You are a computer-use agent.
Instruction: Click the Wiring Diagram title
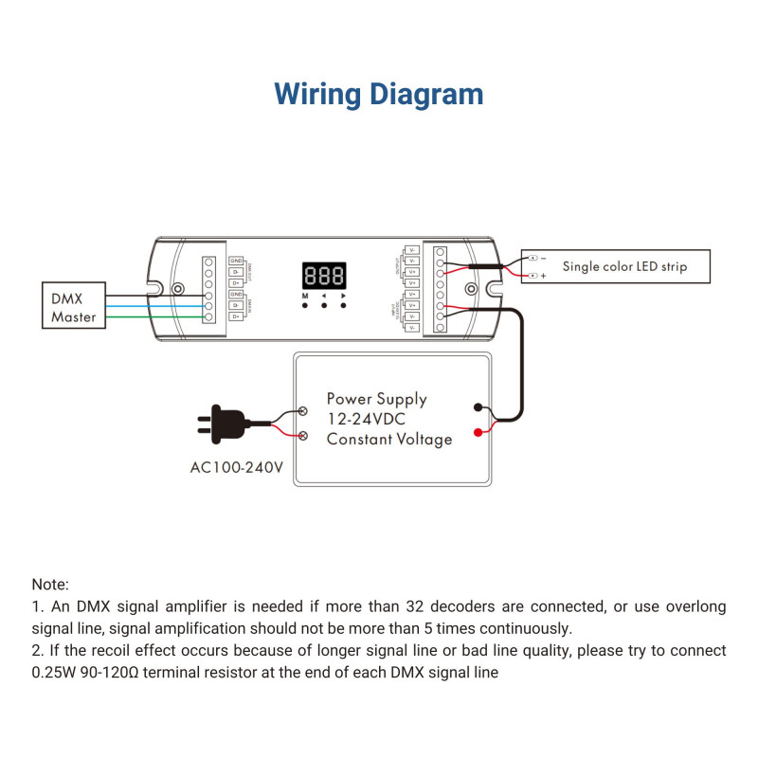(379, 95)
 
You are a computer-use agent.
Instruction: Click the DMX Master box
(74, 307)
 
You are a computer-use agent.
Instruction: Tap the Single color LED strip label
(624, 267)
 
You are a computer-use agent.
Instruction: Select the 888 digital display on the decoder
(324, 277)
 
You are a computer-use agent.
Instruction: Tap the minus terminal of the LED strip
(533, 258)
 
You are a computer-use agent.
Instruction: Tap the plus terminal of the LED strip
(533, 276)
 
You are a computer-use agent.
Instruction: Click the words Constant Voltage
(389, 439)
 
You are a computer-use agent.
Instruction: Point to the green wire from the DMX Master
(152, 316)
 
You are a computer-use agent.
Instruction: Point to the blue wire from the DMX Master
(152, 306)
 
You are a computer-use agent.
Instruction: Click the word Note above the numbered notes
(50, 586)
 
